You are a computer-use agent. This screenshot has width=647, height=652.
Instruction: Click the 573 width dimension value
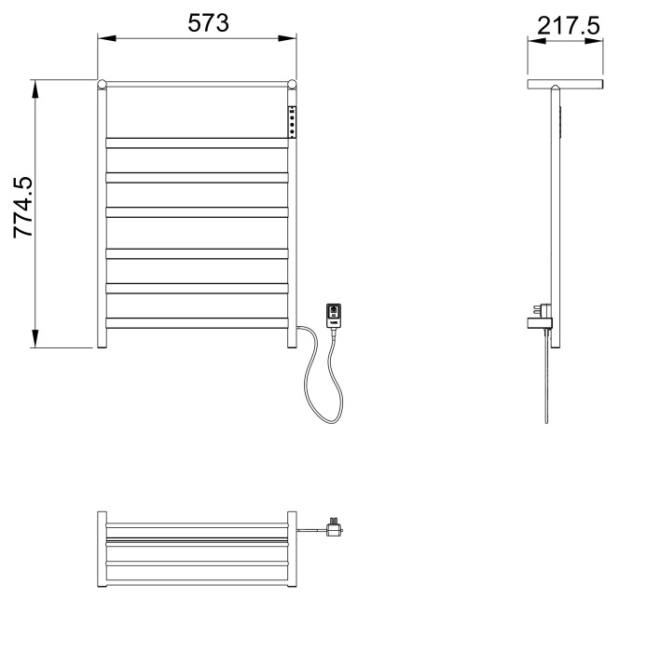pos(209,24)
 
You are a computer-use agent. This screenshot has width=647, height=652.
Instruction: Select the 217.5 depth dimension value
pos(565,26)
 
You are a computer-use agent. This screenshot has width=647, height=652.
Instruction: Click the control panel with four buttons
pos(294,121)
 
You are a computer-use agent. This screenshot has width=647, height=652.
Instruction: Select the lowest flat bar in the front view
pos(197,322)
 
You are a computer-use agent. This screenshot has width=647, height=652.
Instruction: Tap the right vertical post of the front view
pos(294,233)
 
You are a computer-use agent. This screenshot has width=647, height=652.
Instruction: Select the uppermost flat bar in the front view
pos(197,143)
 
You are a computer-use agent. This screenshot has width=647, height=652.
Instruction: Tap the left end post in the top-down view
pos(102,549)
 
